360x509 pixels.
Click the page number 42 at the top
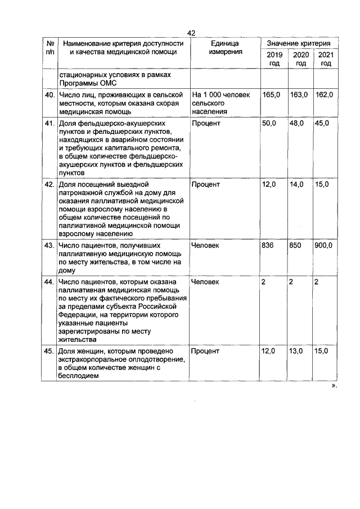tap(191, 33)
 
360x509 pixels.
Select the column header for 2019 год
tap(274, 59)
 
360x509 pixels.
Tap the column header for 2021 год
tap(325, 59)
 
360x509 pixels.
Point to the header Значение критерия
tap(299, 43)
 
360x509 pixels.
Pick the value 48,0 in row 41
tap(296, 123)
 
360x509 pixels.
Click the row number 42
tap(49, 184)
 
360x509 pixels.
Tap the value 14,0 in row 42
tap(296, 184)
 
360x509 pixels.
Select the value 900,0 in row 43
tap(323, 246)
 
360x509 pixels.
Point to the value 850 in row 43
tap(295, 246)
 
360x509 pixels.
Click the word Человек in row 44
tap(205, 282)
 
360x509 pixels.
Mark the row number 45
tap(49, 351)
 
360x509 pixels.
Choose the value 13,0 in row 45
tap(296, 351)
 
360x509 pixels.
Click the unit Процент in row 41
tap(205, 123)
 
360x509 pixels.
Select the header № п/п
tap(49, 48)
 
